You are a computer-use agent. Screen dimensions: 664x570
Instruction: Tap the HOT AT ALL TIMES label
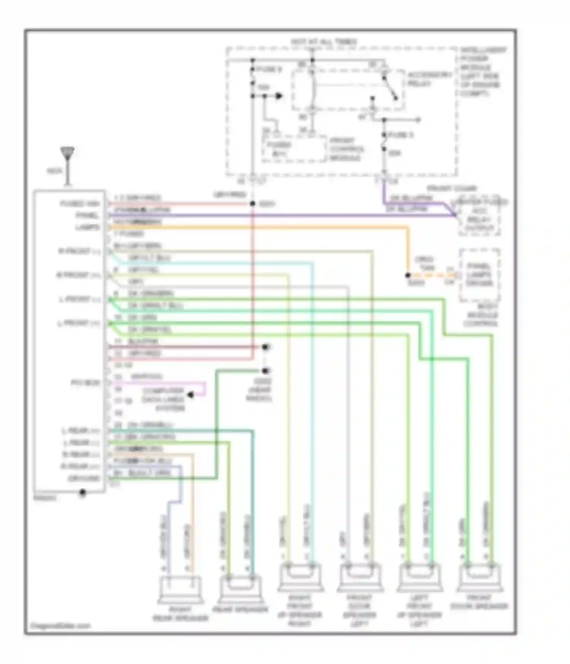[323, 41]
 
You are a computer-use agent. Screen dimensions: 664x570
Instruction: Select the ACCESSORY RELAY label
[429, 79]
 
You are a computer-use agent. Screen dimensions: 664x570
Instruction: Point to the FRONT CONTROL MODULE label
[346, 149]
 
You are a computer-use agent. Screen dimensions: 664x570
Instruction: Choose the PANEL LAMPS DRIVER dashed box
[479, 275]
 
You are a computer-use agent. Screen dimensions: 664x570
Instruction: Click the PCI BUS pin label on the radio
[85, 383]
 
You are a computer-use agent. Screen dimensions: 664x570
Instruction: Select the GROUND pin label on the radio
[84, 478]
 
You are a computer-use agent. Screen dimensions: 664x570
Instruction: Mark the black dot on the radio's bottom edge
[82, 493]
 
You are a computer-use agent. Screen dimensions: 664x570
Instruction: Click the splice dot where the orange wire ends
[408, 275]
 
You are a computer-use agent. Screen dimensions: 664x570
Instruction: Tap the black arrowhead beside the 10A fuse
[279, 96]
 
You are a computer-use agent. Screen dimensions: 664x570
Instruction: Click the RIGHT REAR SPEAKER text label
[180, 614]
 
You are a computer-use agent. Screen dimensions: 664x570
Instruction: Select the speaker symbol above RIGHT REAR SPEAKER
[180, 589]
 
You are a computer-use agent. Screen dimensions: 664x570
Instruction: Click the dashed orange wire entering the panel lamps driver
[433, 275]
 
